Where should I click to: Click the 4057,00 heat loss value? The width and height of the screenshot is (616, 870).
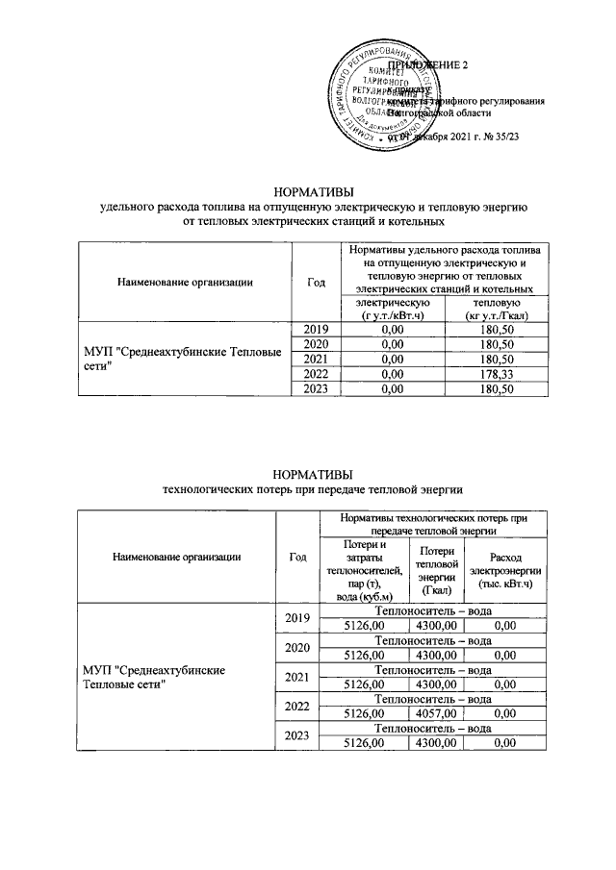pyautogui.click(x=437, y=714)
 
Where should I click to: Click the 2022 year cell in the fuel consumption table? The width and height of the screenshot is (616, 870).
pyautogui.click(x=316, y=374)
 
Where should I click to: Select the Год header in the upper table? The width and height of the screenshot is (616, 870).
pyautogui.click(x=316, y=282)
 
